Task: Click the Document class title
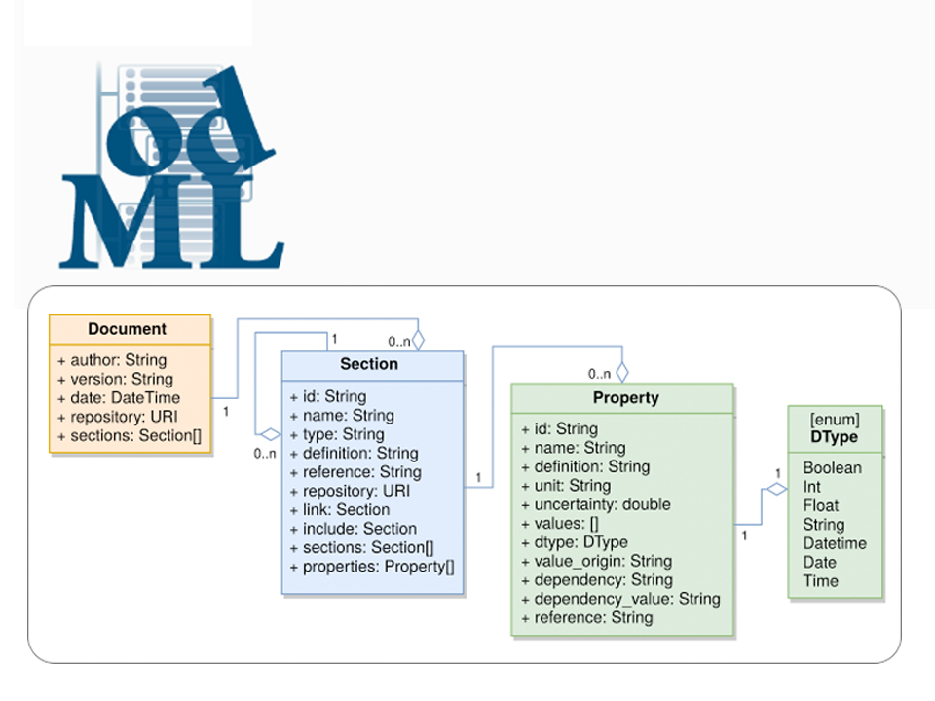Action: pyautogui.click(x=127, y=329)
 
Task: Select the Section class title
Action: pyautogui.click(x=368, y=364)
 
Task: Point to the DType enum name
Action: pyautogui.click(x=834, y=437)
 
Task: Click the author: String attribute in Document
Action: pyautogui.click(x=112, y=360)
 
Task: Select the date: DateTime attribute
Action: pyautogui.click(x=119, y=397)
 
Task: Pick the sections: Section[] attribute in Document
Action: pyautogui.click(x=130, y=435)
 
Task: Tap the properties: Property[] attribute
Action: pyautogui.click(x=372, y=566)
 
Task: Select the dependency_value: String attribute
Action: pyautogui.click(x=620, y=599)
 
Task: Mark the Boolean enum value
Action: pyautogui.click(x=832, y=468)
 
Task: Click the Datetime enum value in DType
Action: pyautogui.click(x=834, y=543)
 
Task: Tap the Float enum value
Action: pyautogui.click(x=820, y=505)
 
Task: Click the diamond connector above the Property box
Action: pyautogui.click(x=622, y=372)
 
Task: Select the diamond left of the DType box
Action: pyautogui.click(x=775, y=490)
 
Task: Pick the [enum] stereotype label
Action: pyautogui.click(x=835, y=420)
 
